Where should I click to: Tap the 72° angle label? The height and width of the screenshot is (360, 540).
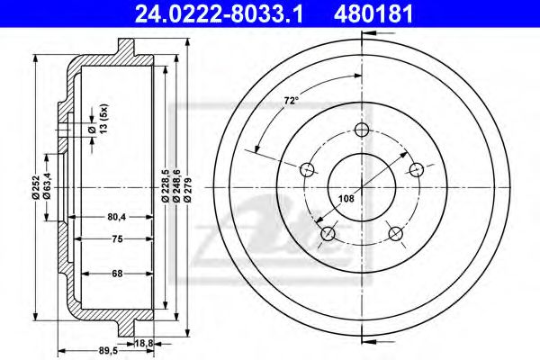[x=291, y=103]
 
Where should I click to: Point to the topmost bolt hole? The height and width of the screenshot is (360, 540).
[x=362, y=130]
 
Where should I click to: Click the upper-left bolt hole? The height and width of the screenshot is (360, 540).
[x=306, y=169]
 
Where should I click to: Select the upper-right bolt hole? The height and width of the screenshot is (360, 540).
[x=417, y=169]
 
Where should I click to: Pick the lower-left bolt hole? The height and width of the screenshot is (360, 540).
[x=328, y=235]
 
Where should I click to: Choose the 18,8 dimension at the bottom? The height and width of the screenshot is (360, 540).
[x=142, y=343]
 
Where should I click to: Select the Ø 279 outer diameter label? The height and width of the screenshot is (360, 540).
[x=187, y=184]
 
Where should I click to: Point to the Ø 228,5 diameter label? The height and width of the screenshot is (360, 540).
[x=165, y=184]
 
